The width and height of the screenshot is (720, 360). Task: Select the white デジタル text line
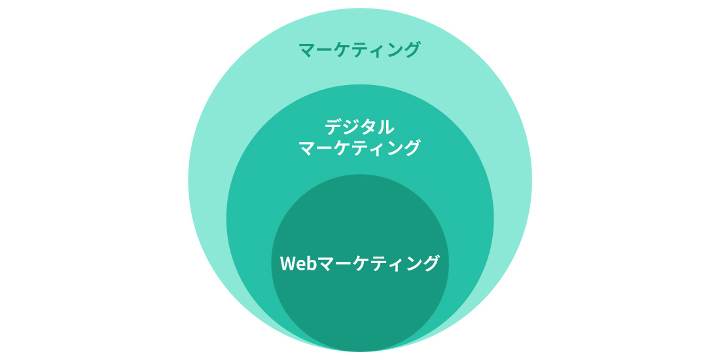tap(359, 127)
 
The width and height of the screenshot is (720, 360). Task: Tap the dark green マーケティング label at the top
tap(359, 50)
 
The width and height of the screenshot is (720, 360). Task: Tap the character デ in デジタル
tap(334, 127)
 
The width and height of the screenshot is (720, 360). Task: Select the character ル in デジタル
tap(386, 128)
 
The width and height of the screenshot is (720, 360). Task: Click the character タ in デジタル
tap(369, 128)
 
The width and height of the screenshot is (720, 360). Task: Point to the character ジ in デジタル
tap(351, 127)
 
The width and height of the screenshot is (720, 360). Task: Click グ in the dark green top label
tap(413, 50)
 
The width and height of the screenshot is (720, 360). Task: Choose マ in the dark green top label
tap(307, 50)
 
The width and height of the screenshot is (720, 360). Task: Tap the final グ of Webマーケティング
tap(431, 264)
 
